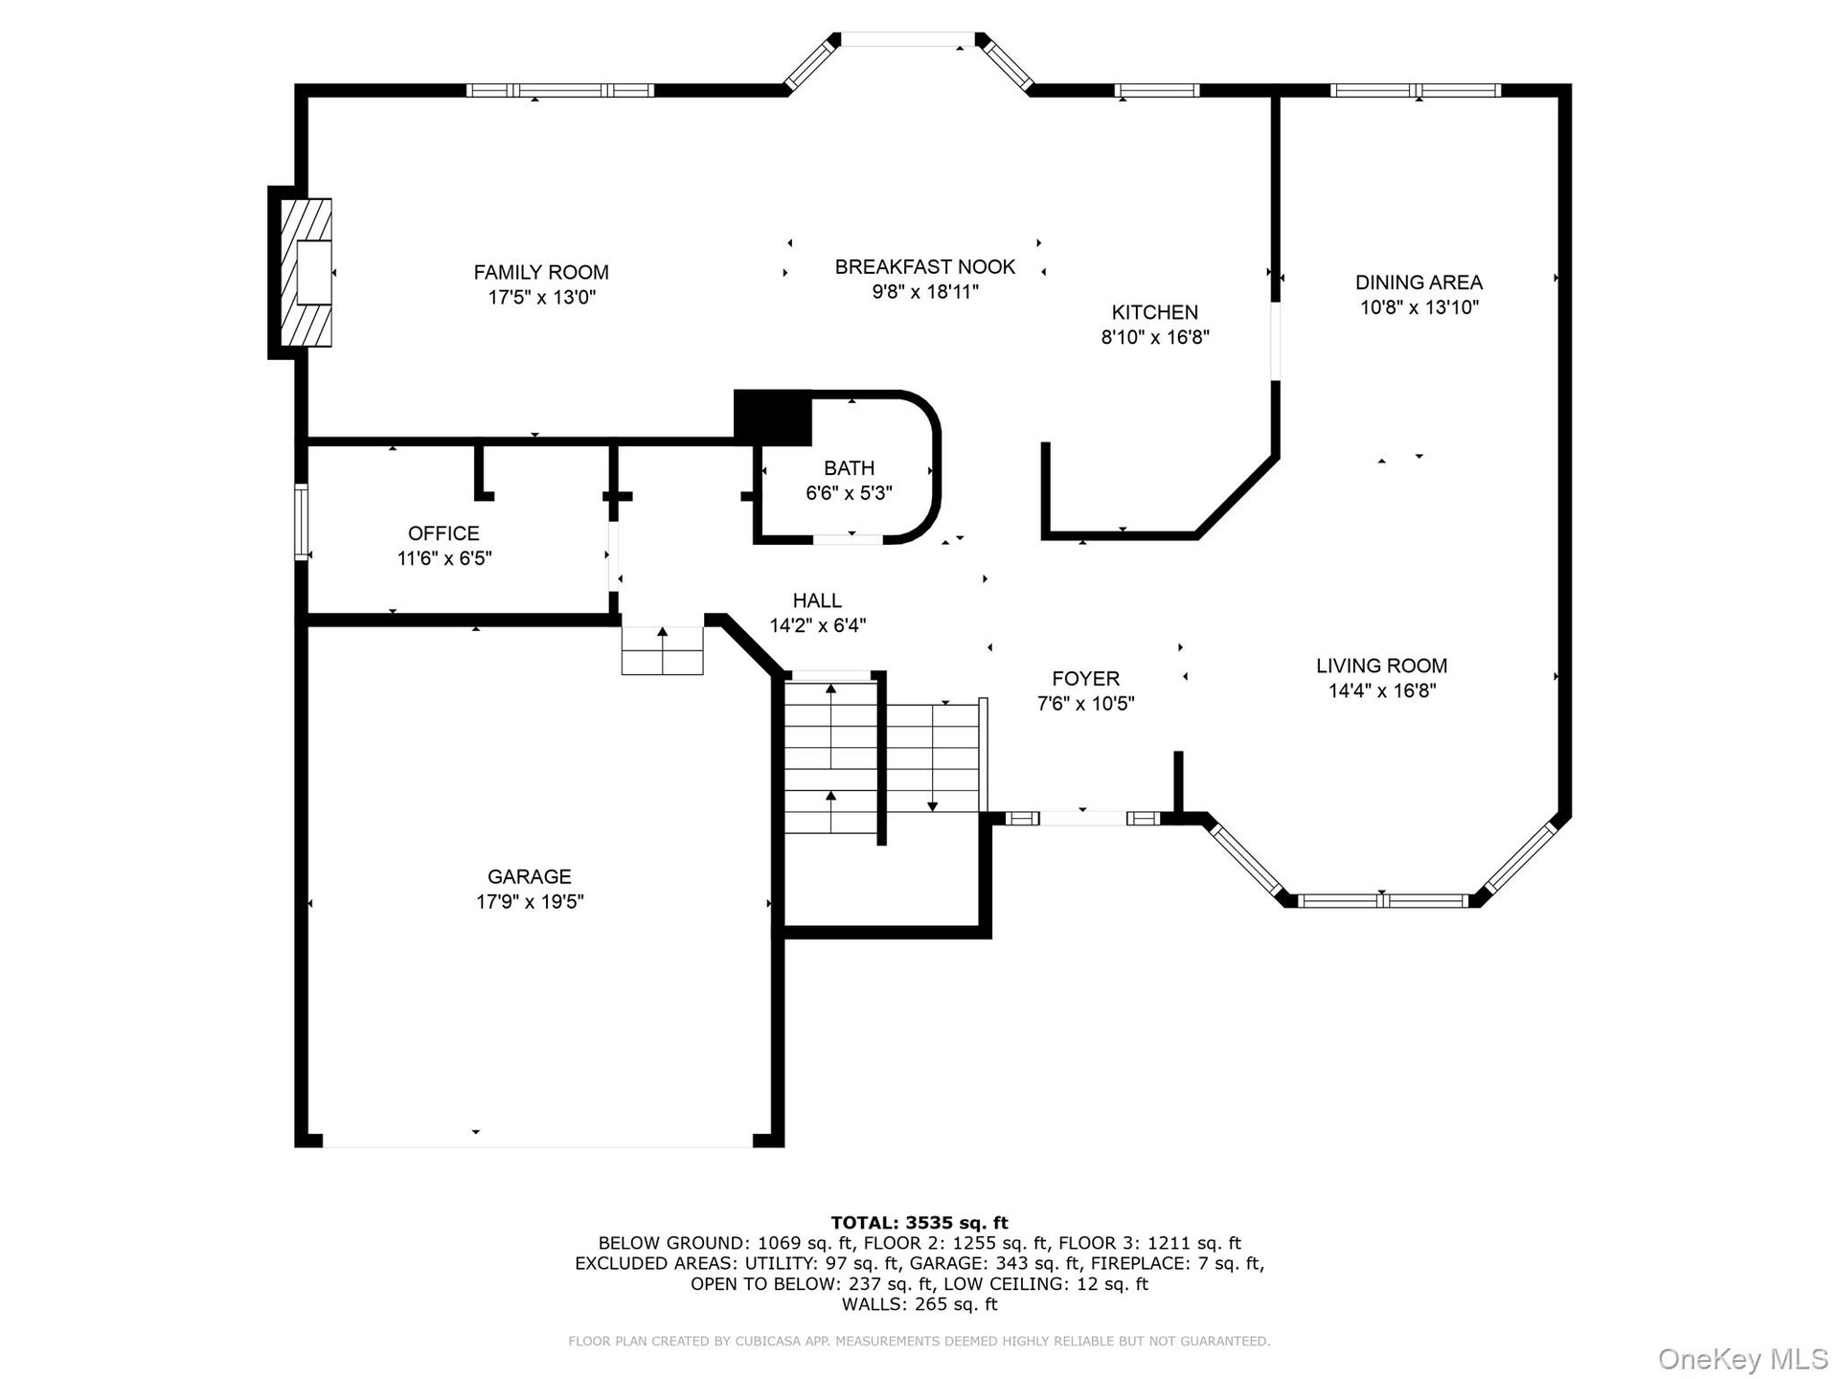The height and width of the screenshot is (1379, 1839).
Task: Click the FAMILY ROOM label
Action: (541, 272)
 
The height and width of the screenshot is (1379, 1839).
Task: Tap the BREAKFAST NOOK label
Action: (925, 267)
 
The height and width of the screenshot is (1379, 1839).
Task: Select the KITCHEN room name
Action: (1155, 312)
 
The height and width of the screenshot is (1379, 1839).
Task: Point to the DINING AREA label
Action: (1419, 283)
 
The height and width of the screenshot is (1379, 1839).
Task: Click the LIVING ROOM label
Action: (1381, 666)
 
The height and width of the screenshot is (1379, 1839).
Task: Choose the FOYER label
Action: (1085, 679)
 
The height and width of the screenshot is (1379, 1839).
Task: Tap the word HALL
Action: (817, 600)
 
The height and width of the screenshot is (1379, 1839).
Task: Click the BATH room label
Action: (850, 468)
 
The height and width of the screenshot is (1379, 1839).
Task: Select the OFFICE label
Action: (443, 533)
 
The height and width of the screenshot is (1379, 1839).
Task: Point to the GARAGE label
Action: (530, 876)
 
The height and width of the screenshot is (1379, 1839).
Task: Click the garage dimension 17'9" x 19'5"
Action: (530, 902)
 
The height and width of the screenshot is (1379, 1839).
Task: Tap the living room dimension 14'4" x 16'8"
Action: (1382, 691)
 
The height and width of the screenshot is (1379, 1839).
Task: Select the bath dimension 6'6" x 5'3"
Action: (850, 493)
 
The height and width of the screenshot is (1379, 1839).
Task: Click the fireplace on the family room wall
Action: (306, 273)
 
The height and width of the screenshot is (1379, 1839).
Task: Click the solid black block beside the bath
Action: (773, 418)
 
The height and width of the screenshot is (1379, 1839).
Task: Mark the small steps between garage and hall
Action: (663, 650)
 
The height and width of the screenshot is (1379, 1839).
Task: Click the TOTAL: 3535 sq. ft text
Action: (919, 1223)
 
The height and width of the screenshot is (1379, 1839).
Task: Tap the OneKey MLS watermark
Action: (1743, 1359)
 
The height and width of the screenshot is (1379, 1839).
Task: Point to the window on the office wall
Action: (302, 522)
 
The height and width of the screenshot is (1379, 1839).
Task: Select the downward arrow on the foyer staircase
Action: (933, 757)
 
